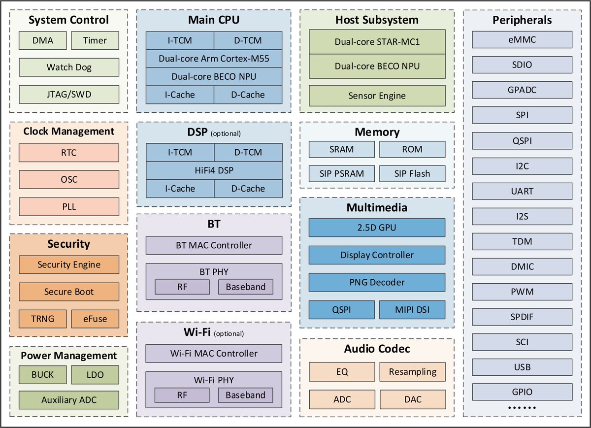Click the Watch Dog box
69,67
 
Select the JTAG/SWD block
69,94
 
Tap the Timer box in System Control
95,40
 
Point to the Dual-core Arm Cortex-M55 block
214,59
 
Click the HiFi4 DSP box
214,170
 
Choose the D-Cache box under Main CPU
248,95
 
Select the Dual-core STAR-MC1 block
377,42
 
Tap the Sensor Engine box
377,96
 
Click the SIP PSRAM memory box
341,173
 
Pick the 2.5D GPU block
377,228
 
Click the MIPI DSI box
412,310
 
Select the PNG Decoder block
377,282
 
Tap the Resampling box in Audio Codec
412,372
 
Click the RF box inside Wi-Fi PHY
182,395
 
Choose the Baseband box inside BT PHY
245,287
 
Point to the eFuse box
95,319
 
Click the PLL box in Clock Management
69,206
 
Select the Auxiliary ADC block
69,400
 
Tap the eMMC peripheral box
522,39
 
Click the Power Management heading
69,356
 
